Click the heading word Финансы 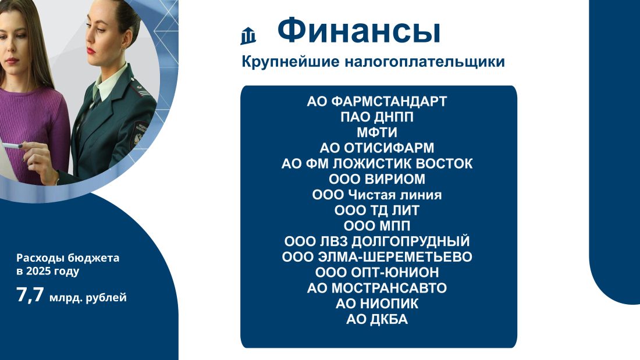(x=359, y=31)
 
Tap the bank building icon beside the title (x=248, y=35)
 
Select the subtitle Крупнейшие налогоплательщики (x=373, y=62)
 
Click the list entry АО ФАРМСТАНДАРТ (x=377, y=101)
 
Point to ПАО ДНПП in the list (x=377, y=117)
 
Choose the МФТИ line (x=377, y=132)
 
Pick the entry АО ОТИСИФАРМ (x=377, y=148)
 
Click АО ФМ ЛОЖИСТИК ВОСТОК (x=377, y=163)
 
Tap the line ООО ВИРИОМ (x=377, y=179)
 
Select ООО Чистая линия (x=377, y=194)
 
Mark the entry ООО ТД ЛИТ (x=377, y=210)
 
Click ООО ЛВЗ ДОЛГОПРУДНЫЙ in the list (x=377, y=241)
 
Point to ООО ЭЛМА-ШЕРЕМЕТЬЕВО (x=377, y=256)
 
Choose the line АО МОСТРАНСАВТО (x=377, y=288)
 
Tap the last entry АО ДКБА (x=377, y=319)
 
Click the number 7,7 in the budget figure (x=30, y=294)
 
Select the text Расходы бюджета (x=67, y=258)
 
